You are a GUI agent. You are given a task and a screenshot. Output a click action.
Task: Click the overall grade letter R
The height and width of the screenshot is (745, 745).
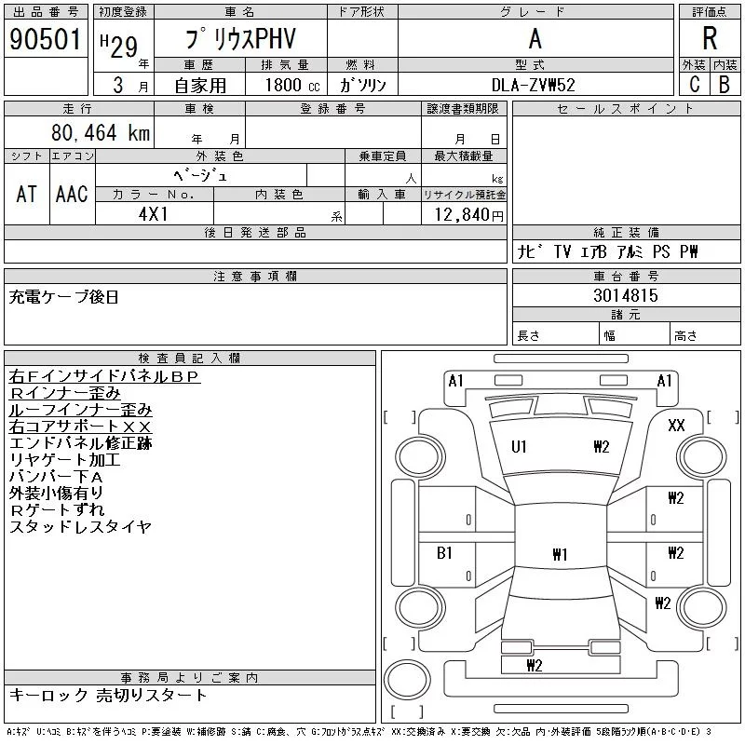pos(710,39)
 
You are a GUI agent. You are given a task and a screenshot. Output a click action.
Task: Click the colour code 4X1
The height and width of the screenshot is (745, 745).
pos(154,214)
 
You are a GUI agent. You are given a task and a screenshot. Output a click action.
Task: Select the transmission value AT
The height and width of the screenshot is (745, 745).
pos(26,194)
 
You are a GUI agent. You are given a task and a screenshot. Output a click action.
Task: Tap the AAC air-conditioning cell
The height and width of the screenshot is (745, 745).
pos(72,194)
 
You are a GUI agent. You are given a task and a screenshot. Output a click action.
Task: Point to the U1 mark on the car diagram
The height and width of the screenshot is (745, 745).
pos(519,447)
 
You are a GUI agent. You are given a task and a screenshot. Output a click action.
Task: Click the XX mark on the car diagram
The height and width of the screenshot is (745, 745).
pos(677,426)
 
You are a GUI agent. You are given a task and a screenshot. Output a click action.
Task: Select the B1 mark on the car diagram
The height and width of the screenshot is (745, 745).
pos(445,553)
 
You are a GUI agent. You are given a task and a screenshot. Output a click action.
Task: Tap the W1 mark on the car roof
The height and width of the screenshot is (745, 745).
pos(560,555)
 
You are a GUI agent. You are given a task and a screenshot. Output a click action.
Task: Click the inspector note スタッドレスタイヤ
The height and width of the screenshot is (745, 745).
pos(80,527)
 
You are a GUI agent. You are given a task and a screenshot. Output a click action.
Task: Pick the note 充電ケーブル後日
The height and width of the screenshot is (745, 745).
pos(64,298)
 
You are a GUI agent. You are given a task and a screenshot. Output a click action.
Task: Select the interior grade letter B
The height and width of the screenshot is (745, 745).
pos(724,85)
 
